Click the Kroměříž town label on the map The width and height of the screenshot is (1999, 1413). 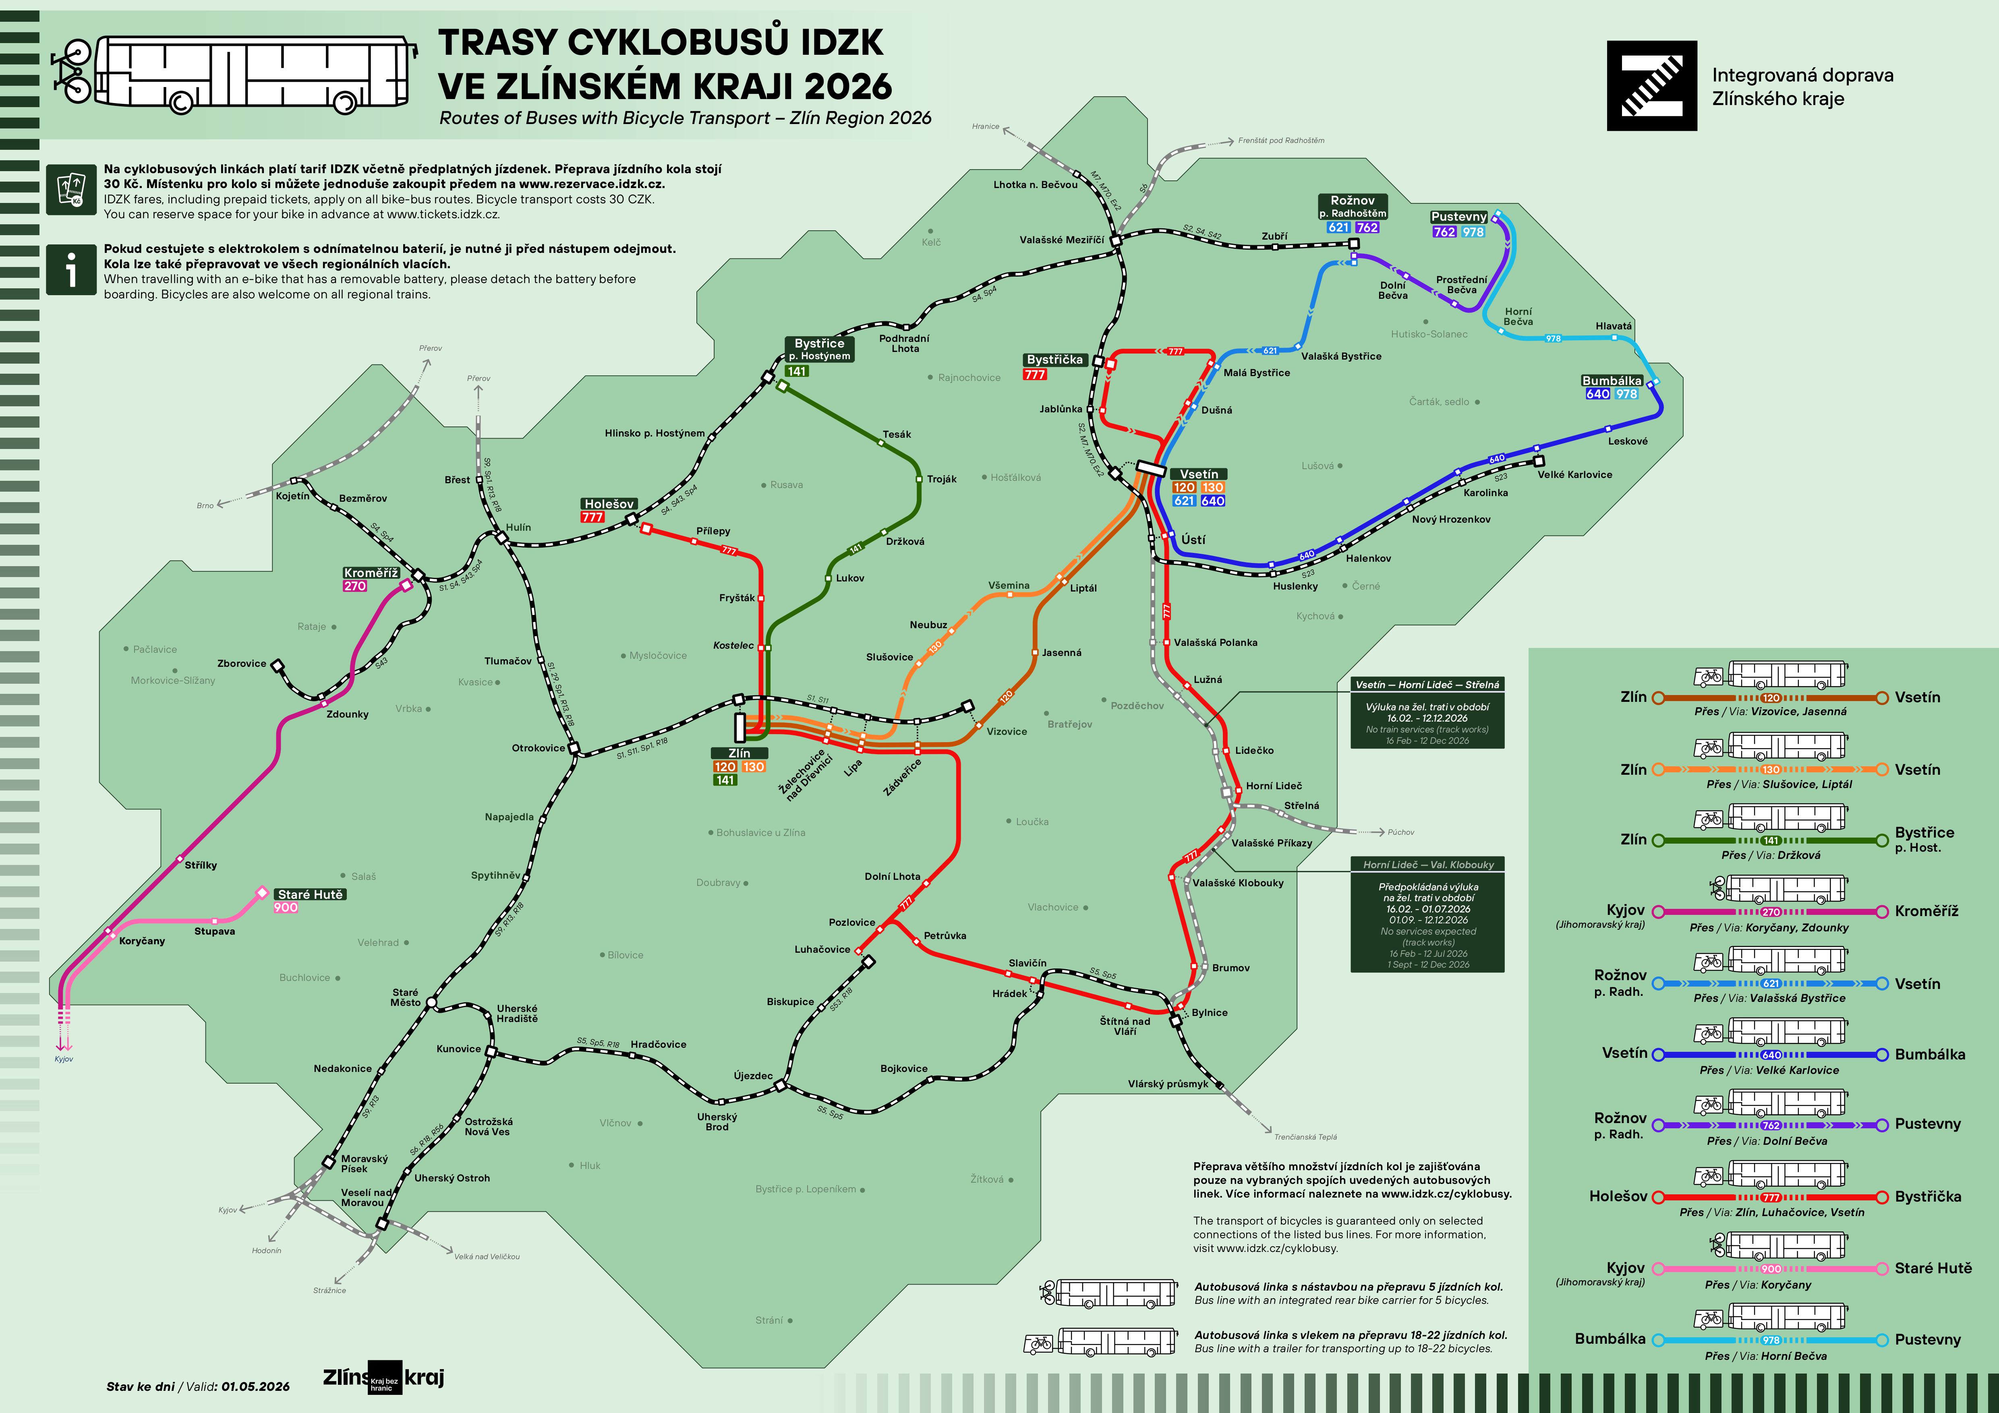coord(371,573)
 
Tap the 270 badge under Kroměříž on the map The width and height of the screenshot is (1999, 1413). coord(355,586)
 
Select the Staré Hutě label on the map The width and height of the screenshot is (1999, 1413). coord(311,894)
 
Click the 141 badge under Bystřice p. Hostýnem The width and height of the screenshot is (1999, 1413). coord(797,371)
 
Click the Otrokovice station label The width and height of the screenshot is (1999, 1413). coord(538,748)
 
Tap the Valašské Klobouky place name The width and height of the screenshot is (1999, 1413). coord(1238,883)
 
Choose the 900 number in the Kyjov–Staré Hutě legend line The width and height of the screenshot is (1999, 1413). coord(1771,1268)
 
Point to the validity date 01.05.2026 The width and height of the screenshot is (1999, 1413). coord(255,1386)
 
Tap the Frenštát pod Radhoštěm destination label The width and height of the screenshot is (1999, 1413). coord(1281,140)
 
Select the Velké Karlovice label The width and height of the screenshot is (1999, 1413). coord(1574,474)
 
